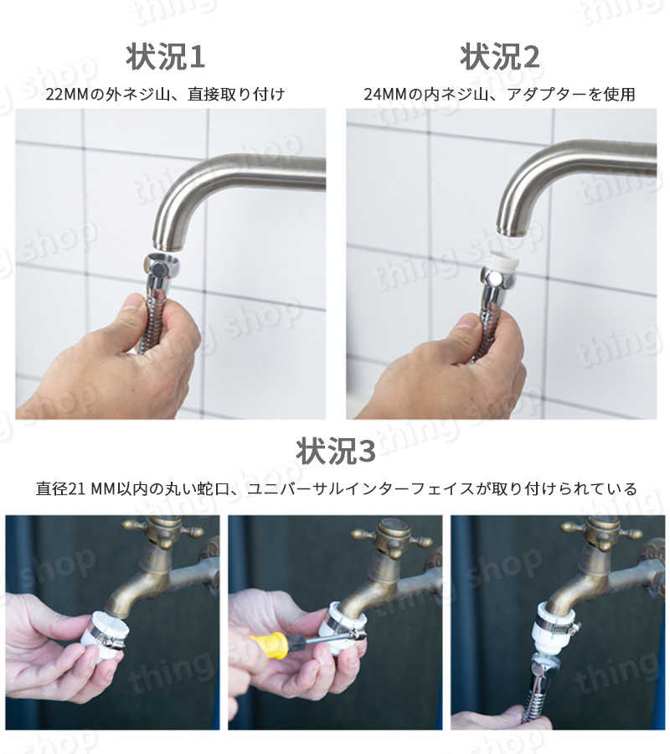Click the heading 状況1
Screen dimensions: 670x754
(x=165, y=57)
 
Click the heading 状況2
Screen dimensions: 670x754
(x=500, y=57)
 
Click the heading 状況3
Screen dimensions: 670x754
(x=335, y=451)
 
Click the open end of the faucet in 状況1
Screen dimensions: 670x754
(x=167, y=245)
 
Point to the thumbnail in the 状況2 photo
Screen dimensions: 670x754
(x=467, y=323)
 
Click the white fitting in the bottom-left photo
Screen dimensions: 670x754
(x=106, y=631)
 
